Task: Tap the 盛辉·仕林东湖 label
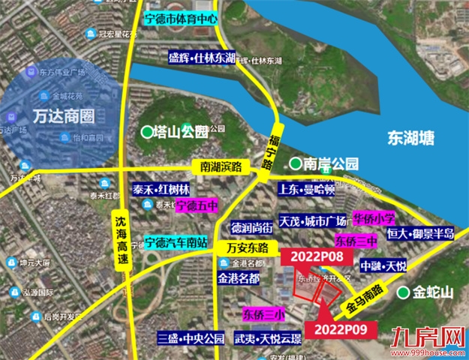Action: [x=202, y=58]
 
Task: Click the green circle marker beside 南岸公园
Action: [x=296, y=163]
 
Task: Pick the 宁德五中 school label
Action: [x=197, y=204]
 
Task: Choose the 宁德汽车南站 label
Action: [x=178, y=241]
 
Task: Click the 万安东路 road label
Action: [x=248, y=247]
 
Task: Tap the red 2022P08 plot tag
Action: [x=308, y=256]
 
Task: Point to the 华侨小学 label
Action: [x=373, y=220]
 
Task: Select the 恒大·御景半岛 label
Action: [x=419, y=233]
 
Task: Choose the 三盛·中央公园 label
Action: [x=191, y=338]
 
